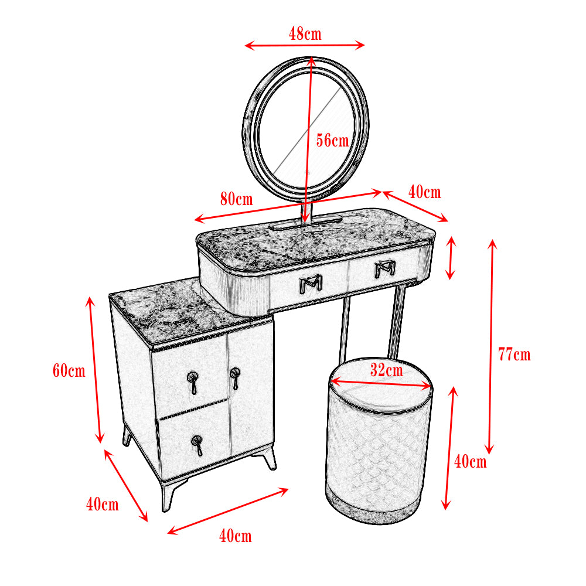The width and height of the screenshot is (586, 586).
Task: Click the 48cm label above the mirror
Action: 305,34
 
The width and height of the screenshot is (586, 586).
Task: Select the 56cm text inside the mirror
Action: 333,141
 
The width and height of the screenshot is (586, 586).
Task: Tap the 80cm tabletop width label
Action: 237,199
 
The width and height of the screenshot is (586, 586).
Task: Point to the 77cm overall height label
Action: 515,355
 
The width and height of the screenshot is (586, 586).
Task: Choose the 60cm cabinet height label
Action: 69,371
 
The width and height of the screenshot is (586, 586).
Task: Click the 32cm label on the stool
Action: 387,370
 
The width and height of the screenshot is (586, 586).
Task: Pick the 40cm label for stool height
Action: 471,462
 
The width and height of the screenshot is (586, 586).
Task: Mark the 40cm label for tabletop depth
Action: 424,192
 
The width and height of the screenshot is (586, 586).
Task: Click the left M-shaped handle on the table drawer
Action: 311,284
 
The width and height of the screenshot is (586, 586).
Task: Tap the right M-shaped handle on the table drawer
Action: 385,269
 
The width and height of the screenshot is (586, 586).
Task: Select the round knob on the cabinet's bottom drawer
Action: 197,445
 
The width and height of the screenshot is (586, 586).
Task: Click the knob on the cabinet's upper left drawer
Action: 193,383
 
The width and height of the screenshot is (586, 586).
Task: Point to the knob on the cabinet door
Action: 235,378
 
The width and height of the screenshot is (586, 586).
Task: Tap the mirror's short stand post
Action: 306,212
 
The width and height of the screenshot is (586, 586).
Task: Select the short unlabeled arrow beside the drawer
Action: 451,258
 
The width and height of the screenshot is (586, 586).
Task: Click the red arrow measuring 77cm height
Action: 491,347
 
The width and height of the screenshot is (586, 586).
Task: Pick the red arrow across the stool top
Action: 381,385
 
